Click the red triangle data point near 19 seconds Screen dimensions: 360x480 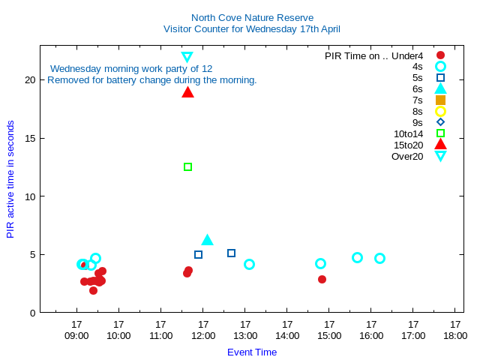point(187,92)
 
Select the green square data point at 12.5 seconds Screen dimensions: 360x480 point(187,166)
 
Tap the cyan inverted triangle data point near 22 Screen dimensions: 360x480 point(187,57)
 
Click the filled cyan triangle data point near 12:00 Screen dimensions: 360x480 point(208,240)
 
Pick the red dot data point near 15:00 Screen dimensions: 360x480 point(322,279)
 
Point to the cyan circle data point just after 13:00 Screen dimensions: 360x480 point(249,264)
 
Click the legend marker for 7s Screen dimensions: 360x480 point(440,100)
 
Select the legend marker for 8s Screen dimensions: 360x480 point(440,111)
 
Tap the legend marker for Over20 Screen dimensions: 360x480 point(440,156)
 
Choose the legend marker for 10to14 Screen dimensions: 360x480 point(440,133)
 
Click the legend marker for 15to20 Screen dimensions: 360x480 point(440,145)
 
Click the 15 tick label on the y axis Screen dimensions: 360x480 point(29,138)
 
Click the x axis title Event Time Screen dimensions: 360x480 point(252,352)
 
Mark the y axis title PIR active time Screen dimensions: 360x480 point(10,179)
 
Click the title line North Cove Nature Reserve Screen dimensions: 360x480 point(252,17)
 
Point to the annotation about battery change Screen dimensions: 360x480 point(152,79)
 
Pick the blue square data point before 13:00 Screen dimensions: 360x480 point(231,253)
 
